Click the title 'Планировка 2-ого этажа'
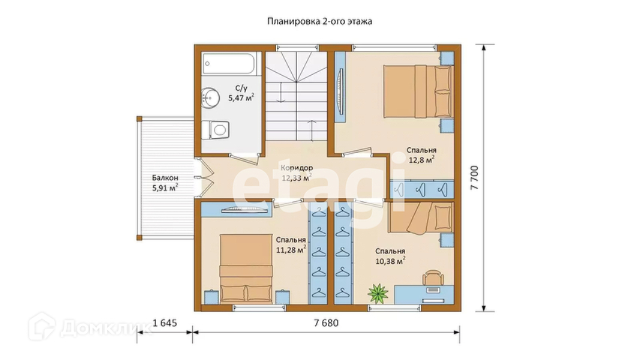(x=320, y=21)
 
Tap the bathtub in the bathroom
(x=230, y=64)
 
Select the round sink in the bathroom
(x=210, y=98)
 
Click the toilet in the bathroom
(x=215, y=130)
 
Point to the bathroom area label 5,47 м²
(x=241, y=98)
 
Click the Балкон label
(x=165, y=178)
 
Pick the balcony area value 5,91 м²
(x=165, y=188)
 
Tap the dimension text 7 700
(x=474, y=178)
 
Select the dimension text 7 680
(x=326, y=323)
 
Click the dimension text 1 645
(x=164, y=323)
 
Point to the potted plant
(x=377, y=293)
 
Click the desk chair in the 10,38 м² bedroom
(x=433, y=277)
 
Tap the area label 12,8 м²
(x=422, y=160)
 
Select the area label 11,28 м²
(x=291, y=250)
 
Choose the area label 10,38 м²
(x=390, y=261)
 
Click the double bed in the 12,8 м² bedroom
(x=418, y=91)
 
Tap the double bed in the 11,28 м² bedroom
(x=246, y=268)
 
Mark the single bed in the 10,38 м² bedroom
(x=421, y=218)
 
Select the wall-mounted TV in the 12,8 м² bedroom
(x=340, y=91)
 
